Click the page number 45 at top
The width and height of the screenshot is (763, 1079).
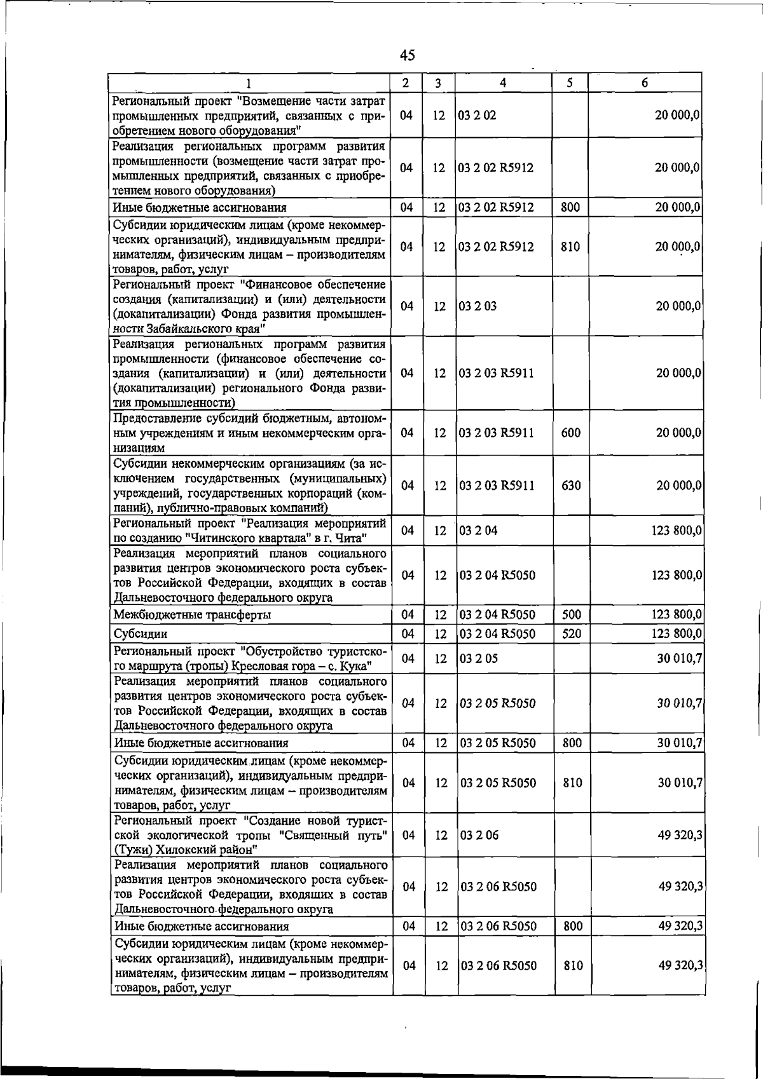pos(408,55)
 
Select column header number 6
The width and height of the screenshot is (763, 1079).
pos(644,83)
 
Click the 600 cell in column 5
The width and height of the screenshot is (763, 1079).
pos(570,433)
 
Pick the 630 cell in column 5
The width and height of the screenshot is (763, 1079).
pos(571,485)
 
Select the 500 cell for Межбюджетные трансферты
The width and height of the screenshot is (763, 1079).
pos(571,614)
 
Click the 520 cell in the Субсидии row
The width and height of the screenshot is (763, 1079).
pos(571,634)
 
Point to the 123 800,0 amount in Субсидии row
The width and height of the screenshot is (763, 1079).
pos(677,634)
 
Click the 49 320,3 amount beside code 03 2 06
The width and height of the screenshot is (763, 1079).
pos(680,835)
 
